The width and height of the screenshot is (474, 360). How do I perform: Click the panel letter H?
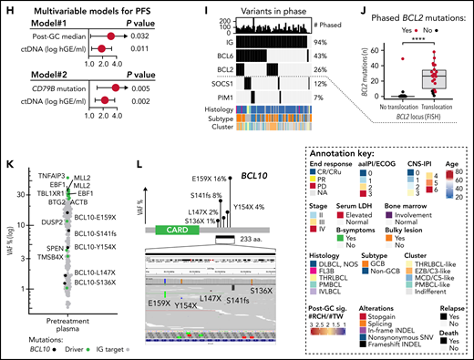(x=6, y=7)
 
